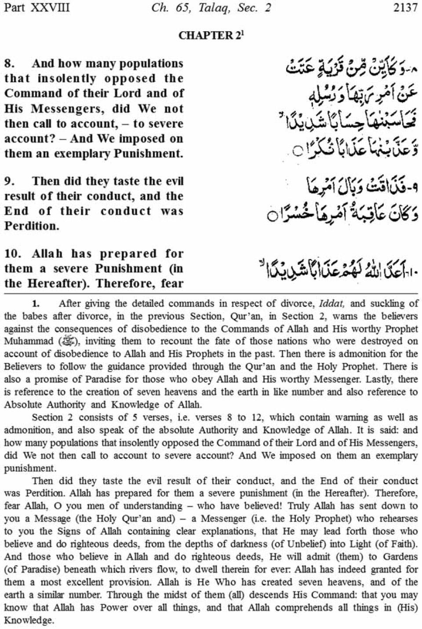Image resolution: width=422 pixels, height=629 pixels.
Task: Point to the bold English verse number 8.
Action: point(9,64)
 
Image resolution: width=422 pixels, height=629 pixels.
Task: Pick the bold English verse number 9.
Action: point(9,182)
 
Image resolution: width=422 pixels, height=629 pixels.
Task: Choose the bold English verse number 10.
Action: point(12,254)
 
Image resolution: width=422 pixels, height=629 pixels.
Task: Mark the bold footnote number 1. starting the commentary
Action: point(36,304)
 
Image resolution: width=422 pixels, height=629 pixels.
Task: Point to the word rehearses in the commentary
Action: point(398,519)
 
